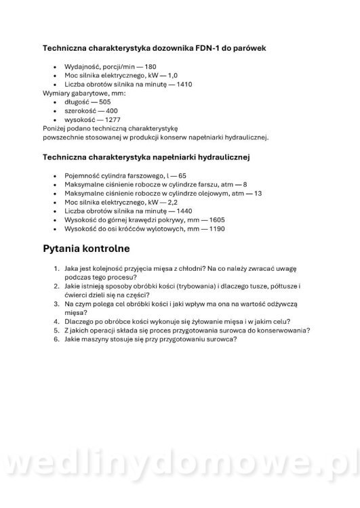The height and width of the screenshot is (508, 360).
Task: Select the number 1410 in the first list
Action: pos(182,84)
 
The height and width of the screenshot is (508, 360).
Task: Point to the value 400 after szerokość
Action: pos(112,110)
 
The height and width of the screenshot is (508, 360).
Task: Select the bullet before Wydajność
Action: pos(54,67)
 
